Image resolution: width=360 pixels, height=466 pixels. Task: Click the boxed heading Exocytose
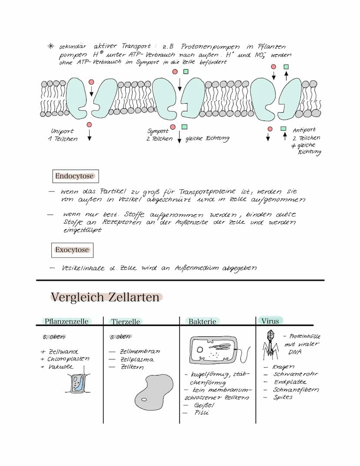click(x=72, y=250)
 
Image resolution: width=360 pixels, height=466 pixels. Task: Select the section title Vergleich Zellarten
click(x=106, y=297)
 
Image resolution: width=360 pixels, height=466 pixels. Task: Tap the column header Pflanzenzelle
click(x=67, y=322)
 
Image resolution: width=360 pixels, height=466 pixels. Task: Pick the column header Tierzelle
click(x=126, y=322)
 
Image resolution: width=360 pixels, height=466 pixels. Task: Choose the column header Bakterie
click(x=202, y=322)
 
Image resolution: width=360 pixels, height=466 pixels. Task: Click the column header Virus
click(x=270, y=321)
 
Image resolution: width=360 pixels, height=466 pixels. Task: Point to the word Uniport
click(x=62, y=131)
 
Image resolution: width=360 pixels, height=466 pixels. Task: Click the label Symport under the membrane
click(x=158, y=131)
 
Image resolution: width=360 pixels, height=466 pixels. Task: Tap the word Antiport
click(x=304, y=130)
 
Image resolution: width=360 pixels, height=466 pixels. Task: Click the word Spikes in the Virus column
click(x=283, y=397)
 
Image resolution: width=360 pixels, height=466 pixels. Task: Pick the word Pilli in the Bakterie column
click(x=201, y=412)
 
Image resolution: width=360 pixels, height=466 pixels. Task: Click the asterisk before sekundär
click(x=51, y=46)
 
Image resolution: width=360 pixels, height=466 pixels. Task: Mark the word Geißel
click(x=204, y=405)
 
